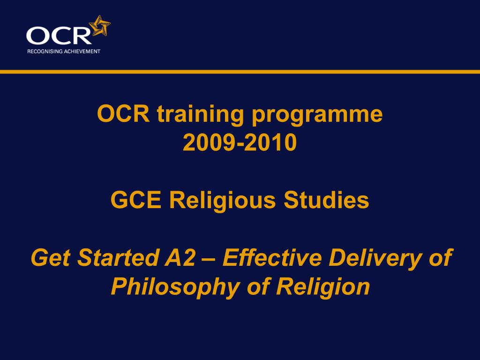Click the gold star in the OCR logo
click(100, 26)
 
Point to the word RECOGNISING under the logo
click(45, 52)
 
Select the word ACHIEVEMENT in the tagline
click(82, 52)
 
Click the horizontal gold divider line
click(240, 72)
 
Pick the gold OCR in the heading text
click(123, 113)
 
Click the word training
click(201, 115)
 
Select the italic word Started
click(118, 257)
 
